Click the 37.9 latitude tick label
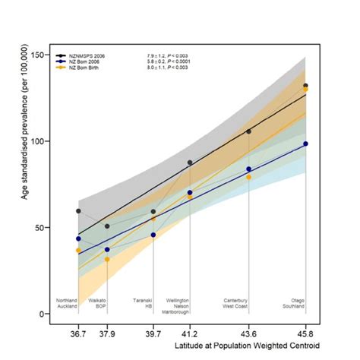tap(106, 333)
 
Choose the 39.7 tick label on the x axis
tap(153, 333)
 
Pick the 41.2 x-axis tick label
tap(190, 333)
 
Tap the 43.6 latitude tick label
tap(248, 333)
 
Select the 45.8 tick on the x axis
tap(305, 333)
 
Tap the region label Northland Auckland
tap(68, 304)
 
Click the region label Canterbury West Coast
tap(237, 304)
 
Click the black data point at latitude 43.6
tap(248, 131)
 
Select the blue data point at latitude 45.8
tap(305, 144)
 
